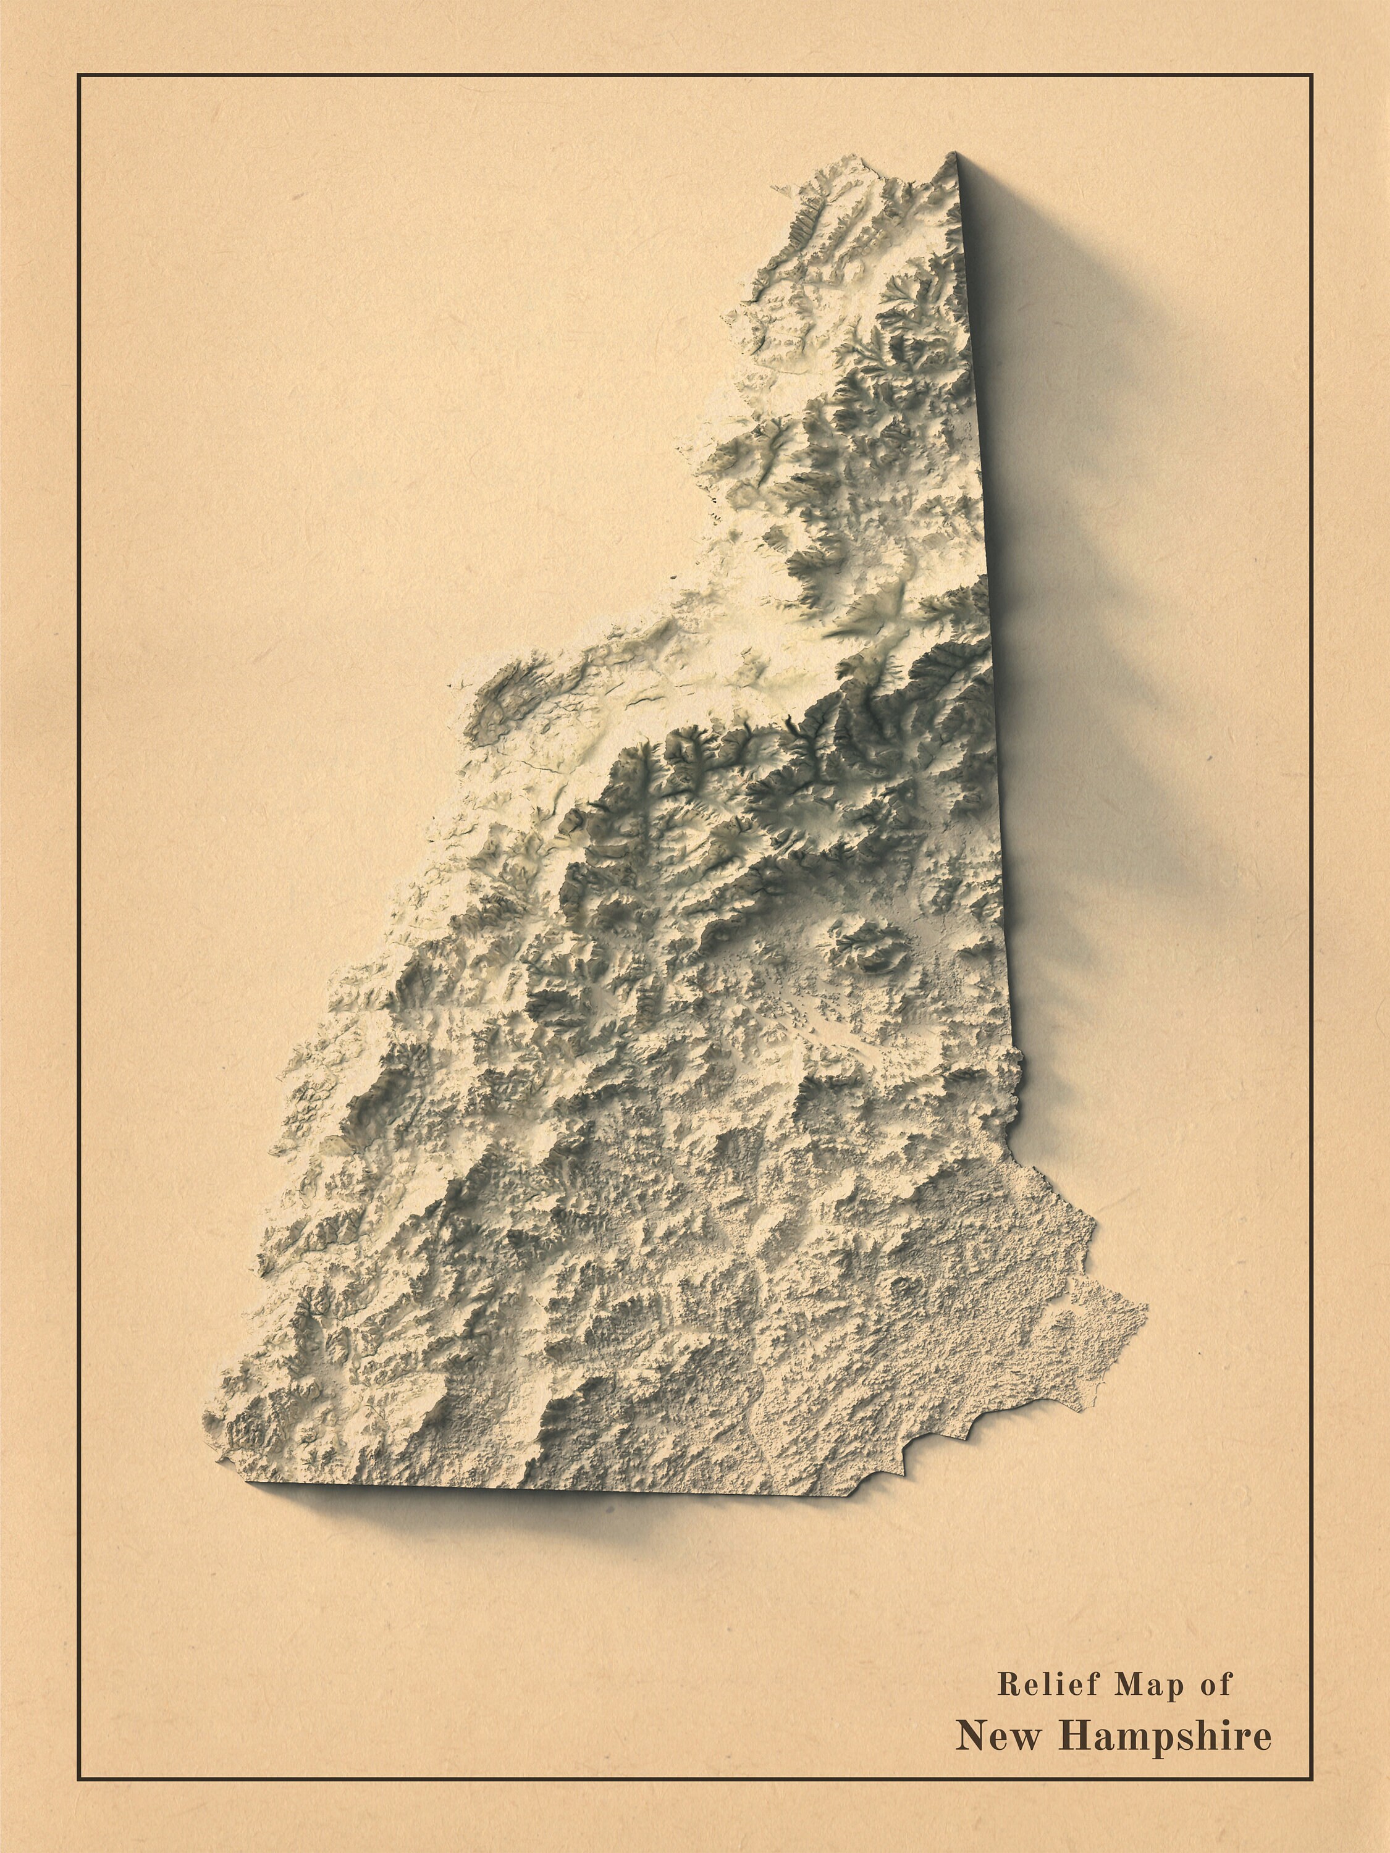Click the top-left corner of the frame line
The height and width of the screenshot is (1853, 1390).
pyautogui.click(x=78, y=75)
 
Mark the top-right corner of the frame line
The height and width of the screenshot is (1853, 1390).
pyautogui.click(x=1312, y=75)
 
